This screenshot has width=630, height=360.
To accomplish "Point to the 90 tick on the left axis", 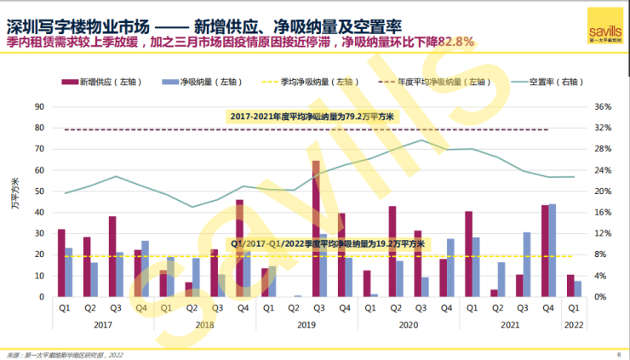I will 39,107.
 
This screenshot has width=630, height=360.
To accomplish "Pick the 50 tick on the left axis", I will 39,191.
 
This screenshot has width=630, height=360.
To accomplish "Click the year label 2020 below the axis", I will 408,323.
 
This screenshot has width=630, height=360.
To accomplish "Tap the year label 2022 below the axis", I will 574,323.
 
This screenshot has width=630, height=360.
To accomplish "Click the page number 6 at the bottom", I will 618,353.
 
